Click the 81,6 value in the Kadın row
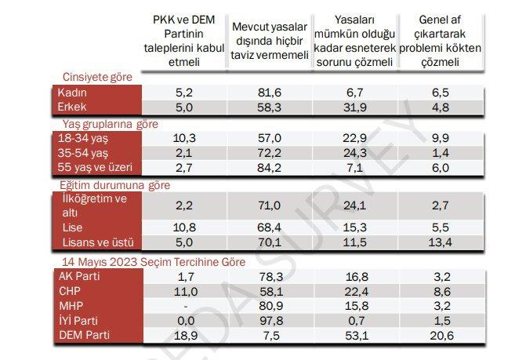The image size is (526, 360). tap(268, 93)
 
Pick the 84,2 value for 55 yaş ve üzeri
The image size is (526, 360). tap(268, 167)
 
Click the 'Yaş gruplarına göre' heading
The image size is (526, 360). tap(110, 124)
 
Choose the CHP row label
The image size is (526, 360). tap(71, 289)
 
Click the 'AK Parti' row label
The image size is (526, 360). tap(80, 275)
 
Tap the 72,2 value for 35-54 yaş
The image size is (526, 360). tap(268, 152)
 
